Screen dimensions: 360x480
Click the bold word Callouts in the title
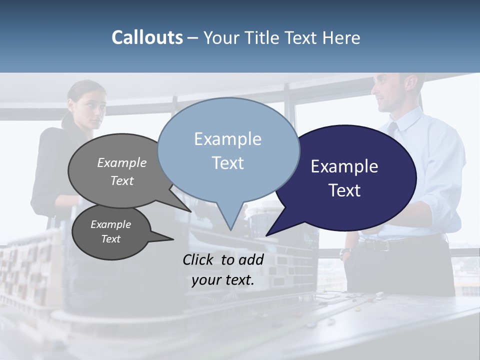click(x=147, y=37)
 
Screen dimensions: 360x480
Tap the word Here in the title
click(x=342, y=37)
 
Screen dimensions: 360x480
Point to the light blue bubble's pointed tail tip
click(x=230, y=230)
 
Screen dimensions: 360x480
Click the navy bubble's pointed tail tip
click(x=266, y=235)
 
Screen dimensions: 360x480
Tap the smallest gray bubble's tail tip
click(x=173, y=239)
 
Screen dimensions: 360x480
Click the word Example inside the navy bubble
click(x=344, y=166)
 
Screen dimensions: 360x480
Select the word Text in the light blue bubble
click(x=228, y=163)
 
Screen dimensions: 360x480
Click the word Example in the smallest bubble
click(x=111, y=224)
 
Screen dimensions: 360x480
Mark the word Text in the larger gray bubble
click(x=122, y=180)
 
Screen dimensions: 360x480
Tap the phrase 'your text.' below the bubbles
click(x=223, y=280)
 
